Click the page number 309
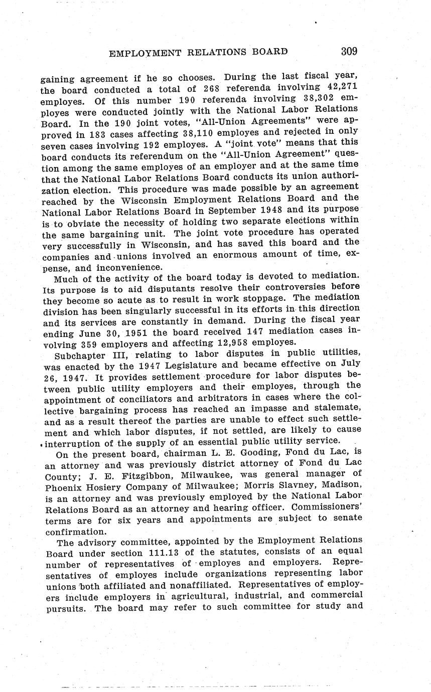[x=349, y=51]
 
